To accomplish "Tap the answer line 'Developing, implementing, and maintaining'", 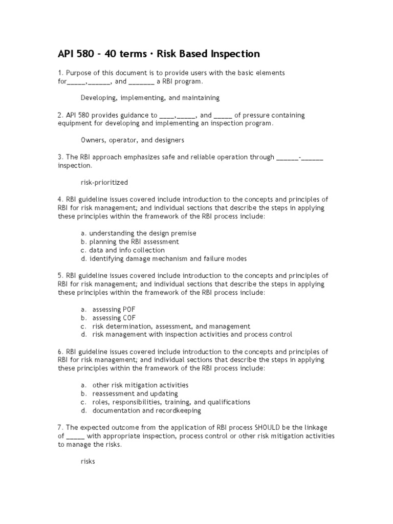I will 150,98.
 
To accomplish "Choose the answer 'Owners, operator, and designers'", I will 133,140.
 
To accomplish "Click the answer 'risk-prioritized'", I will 104,182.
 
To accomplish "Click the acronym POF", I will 129,310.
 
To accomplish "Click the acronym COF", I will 129,318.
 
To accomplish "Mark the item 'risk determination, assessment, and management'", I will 171,326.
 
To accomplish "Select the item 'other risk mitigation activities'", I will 140,385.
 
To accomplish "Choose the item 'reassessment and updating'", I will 135,394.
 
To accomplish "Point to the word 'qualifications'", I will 228,402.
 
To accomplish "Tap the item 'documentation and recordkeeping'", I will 146,410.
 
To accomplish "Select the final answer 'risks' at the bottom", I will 88,461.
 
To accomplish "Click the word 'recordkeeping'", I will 177,410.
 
